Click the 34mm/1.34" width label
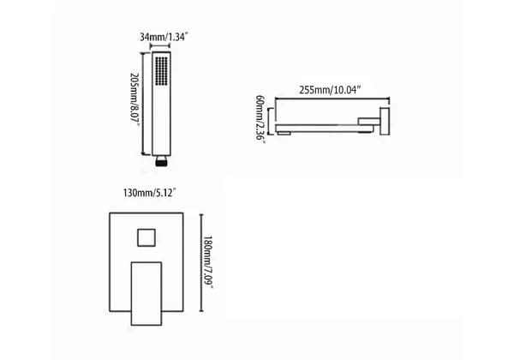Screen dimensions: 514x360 (164, 37)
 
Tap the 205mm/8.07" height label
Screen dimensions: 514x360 (134, 99)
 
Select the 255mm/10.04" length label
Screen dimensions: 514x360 (330, 89)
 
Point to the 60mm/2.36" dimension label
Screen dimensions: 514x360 (260, 117)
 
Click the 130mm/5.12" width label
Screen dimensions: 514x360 (150, 193)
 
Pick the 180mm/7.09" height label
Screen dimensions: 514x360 (208, 262)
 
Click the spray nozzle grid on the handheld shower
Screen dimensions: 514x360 (161, 71)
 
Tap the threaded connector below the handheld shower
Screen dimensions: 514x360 (161, 161)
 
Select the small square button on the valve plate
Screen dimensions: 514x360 (146, 237)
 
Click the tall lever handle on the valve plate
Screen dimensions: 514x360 (146, 293)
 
